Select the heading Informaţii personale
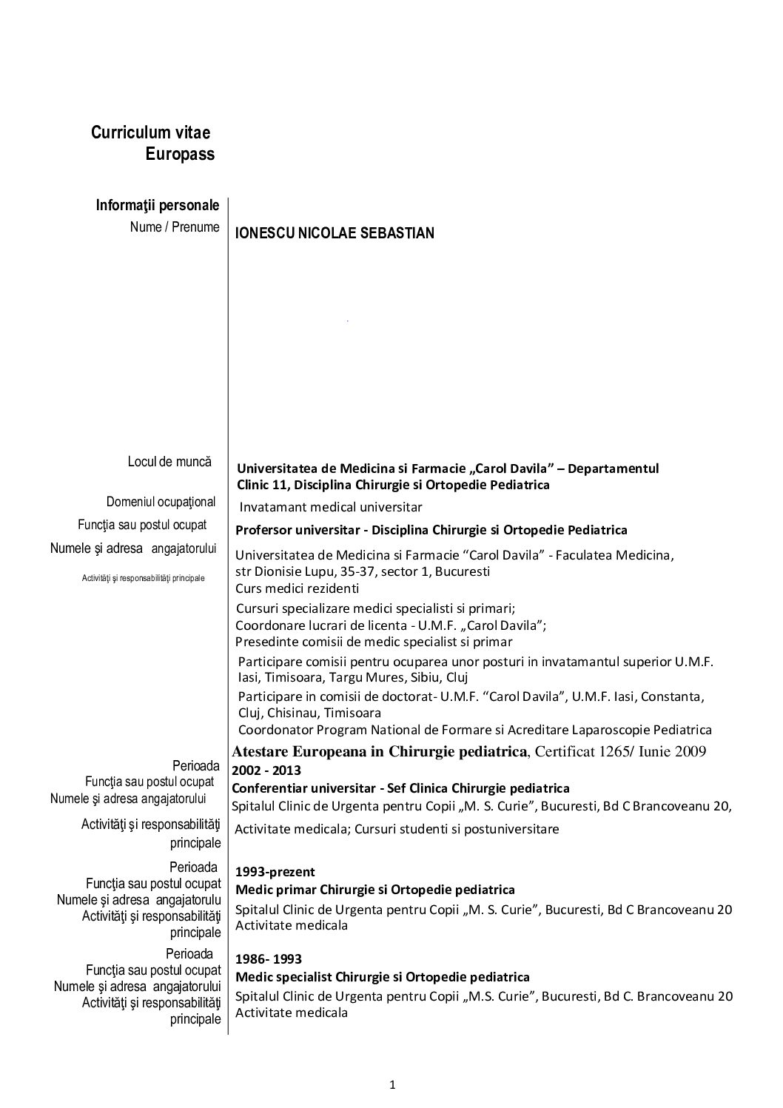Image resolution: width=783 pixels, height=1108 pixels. [158, 205]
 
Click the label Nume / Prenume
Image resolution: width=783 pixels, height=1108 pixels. [175, 227]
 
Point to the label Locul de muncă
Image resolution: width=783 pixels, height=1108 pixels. [169, 461]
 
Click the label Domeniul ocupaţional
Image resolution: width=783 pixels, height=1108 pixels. [161, 502]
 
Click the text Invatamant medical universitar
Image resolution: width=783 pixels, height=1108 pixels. [330, 507]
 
